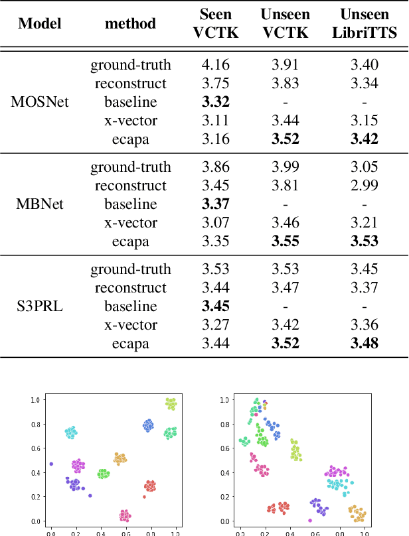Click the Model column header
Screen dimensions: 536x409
coord(40,24)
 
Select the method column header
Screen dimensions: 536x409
coord(131,24)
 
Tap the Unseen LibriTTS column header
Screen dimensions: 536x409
coord(365,23)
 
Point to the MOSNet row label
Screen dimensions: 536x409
coord(40,102)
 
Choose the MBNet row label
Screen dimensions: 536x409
coord(40,204)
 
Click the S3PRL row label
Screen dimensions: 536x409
coord(40,306)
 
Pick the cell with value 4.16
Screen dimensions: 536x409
coord(215,65)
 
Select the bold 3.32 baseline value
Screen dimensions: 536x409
coord(215,102)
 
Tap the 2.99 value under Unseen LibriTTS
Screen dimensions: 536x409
coord(365,186)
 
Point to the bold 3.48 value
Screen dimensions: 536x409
coord(365,344)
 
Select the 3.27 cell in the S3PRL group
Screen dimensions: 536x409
coord(215,325)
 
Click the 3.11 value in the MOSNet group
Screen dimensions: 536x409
coord(215,121)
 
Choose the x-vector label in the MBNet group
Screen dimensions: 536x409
coord(131,223)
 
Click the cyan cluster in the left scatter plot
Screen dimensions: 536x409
coord(71,433)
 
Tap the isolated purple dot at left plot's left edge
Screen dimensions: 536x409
coord(51,464)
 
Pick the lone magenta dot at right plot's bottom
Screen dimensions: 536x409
coord(310,520)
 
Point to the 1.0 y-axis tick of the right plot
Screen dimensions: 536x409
coord(224,400)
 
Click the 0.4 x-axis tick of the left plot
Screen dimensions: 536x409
coord(101,532)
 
